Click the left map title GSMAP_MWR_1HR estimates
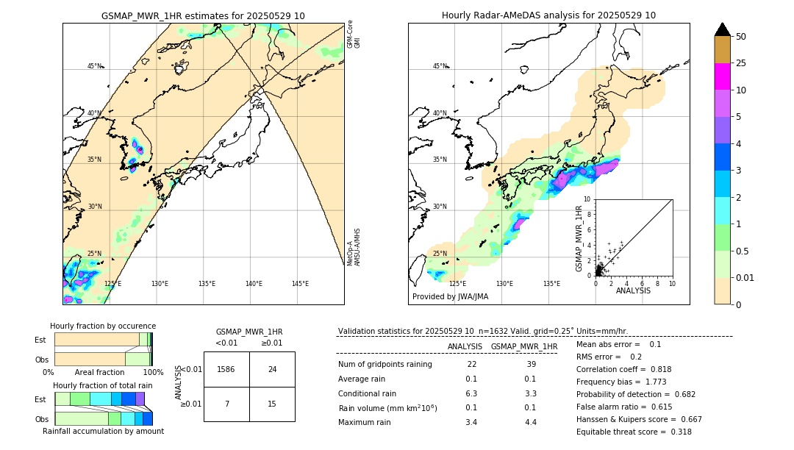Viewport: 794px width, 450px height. click(203, 15)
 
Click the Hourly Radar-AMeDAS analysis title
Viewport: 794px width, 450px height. click(548, 15)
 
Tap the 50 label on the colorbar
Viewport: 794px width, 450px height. click(741, 37)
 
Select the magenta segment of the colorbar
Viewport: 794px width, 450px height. click(722, 76)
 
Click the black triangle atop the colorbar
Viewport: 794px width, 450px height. click(722, 29)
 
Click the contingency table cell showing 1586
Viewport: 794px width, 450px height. click(226, 369)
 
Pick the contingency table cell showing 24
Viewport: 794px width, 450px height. click(272, 369)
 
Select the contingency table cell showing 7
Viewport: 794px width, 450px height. click(226, 404)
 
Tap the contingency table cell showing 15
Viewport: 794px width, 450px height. click(272, 404)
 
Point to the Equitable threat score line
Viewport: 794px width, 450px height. click(634, 432)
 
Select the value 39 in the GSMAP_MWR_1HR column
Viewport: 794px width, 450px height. click(532, 365)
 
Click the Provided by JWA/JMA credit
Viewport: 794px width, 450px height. click(450, 296)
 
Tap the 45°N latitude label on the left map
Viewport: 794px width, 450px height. click(95, 66)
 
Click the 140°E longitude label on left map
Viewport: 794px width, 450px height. click(254, 284)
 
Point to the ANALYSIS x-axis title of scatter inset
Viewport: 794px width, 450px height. click(633, 290)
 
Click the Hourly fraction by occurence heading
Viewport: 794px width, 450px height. click(103, 326)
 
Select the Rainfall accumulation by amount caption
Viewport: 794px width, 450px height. click(103, 431)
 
